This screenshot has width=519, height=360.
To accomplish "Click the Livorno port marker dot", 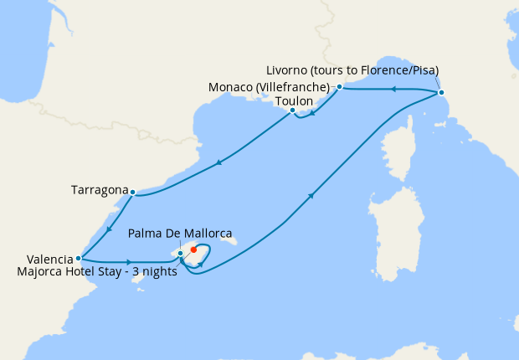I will [x=441, y=92].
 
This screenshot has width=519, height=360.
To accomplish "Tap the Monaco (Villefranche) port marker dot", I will [x=339, y=86].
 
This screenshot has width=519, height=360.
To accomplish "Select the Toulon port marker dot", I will [x=292, y=111].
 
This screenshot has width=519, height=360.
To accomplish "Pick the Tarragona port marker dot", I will [x=132, y=192].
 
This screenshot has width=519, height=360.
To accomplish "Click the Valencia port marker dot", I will [x=78, y=258].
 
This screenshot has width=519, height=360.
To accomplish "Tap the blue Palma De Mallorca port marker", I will [x=181, y=253].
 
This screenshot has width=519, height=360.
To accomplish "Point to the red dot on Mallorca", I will [x=193, y=249].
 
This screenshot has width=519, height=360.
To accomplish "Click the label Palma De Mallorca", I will [x=180, y=234].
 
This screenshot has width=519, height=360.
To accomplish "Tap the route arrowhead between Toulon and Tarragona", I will [x=218, y=162].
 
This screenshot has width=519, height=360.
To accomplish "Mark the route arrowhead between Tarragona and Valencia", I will [x=107, y=228].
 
